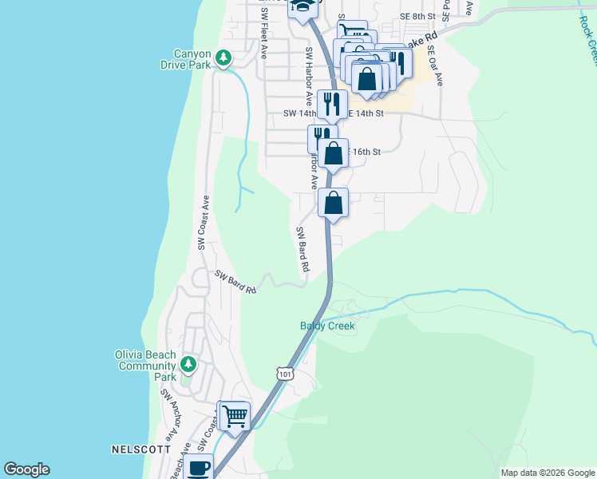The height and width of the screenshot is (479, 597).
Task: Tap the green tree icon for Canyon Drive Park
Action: [x=225, y=57]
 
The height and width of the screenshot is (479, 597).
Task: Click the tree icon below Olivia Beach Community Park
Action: [x=188, y=365]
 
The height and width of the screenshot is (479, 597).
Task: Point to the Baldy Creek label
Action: [x=327, y=326]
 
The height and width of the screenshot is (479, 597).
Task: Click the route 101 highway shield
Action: [x=285, y=373]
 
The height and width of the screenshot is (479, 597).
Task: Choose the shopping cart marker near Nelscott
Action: [x=235, y=415]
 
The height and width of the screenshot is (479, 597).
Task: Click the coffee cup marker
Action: [x=199, y=467]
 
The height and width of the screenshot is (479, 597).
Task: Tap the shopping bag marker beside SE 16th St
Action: [x=335, y=152]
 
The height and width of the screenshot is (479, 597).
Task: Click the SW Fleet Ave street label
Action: [x=263, y=41]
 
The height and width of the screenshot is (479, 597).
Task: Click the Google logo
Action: [x=26, y=469]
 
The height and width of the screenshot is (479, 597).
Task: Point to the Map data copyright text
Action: [x=547, y=473]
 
